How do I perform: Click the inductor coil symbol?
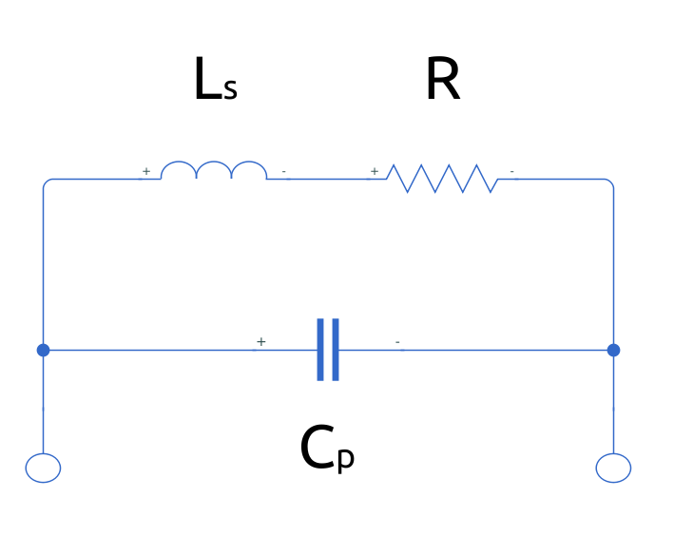[213, 171]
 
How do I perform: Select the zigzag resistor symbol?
[441, 178]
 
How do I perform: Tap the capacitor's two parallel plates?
[328, 350]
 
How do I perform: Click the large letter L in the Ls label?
[207, 82]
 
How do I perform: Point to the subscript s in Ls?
[230, 90]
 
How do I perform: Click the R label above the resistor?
[443, 82]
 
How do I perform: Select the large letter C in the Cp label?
[317, 449]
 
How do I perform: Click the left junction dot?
[43, 350]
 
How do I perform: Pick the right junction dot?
[613, 350]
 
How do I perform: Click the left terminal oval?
[43, 468]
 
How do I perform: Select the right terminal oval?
[613, 468]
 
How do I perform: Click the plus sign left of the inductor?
[146, 171]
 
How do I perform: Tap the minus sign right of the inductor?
[284, 172]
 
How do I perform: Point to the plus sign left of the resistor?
[375, 171]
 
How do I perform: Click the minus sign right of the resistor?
[512, 172]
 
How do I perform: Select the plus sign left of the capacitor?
[261, 341]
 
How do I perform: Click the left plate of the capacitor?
[321, 350]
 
